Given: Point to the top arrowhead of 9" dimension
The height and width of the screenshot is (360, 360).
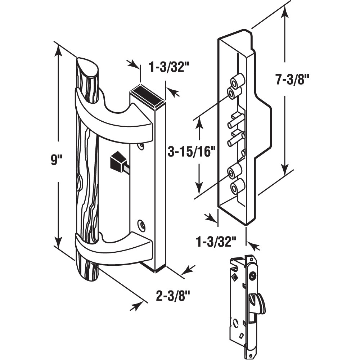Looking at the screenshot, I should (58, 50).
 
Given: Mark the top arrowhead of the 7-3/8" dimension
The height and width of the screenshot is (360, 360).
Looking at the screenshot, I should (285, 11).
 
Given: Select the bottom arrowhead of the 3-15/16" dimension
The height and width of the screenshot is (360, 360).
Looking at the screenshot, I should (199, 189).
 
